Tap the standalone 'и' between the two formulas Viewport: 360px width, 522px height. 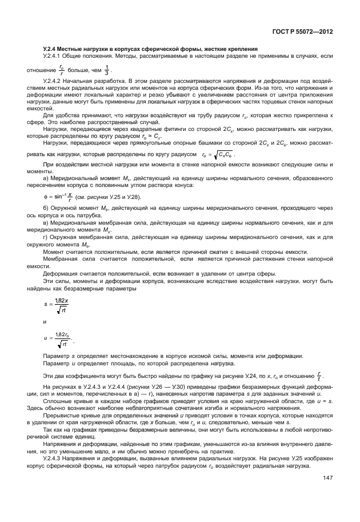[x=45, y=322]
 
